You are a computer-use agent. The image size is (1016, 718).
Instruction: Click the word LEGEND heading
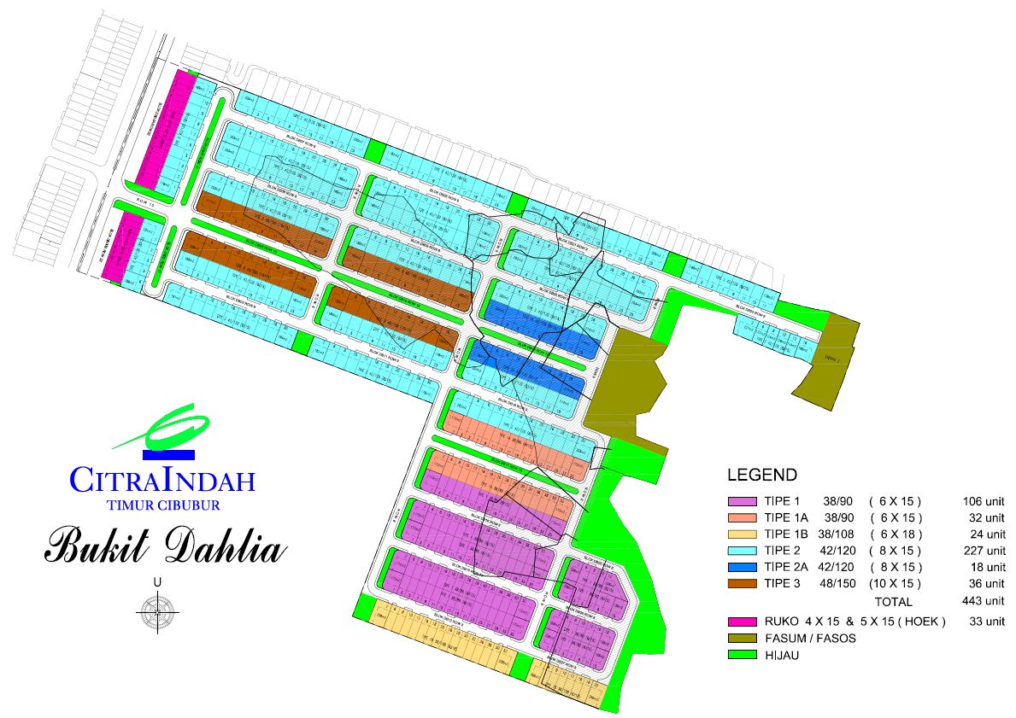tap(761, 476)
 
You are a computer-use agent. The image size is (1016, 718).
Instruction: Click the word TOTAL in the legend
tap(893, 602)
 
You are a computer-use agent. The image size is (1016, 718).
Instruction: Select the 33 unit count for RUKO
tap(985, 622)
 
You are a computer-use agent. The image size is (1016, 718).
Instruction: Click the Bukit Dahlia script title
tap(163, 546)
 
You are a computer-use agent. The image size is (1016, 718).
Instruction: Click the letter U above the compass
tap(157, 582)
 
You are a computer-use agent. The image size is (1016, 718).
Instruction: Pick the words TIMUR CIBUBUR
tap(164, 504)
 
